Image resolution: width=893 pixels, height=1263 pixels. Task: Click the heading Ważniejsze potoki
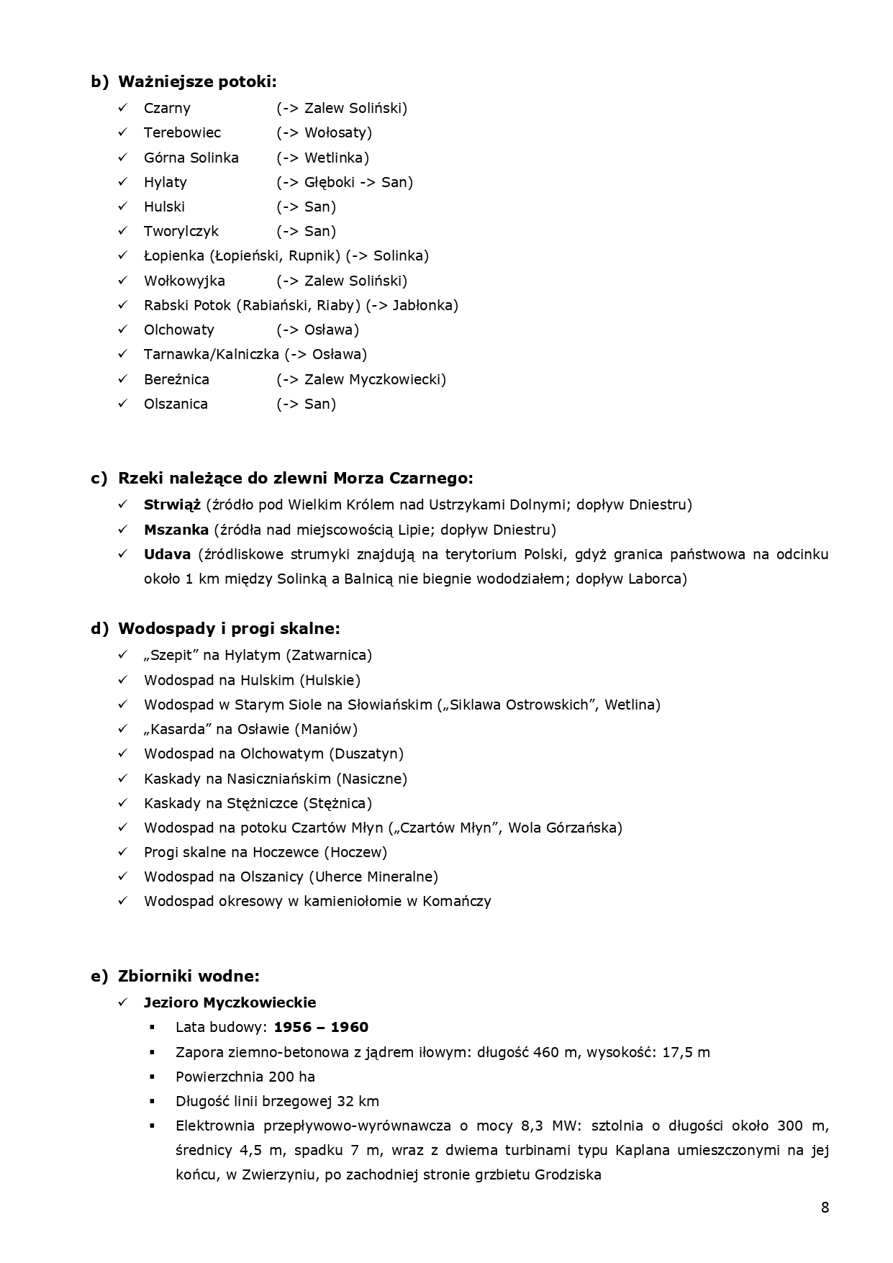pos(196,81)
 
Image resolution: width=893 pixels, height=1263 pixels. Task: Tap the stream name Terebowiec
pos(182,132)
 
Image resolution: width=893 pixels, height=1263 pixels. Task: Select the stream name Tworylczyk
pos(181,231)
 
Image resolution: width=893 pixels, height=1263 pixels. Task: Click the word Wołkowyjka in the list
pos(184,281)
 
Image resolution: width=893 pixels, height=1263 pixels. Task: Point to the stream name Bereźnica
pos(176,379)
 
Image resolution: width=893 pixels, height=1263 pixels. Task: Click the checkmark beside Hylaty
pos(123,182)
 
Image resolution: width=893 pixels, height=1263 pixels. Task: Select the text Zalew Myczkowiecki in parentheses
pos(373,379)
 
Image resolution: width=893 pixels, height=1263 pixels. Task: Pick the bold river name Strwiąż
pos(172,504)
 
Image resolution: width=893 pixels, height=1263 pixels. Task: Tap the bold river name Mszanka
pos(176,530)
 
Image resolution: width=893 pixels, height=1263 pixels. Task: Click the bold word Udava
pos(167,554)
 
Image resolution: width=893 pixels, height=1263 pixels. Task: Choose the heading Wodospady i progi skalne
pos(228,628)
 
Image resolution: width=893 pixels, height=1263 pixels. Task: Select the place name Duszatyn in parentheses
pos(366,753)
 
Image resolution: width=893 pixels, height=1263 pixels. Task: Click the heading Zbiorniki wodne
pos(188,976)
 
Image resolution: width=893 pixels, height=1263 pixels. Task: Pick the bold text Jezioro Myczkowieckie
pos(230,1002)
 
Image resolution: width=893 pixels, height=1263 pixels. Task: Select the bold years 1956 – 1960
pos(321,1027)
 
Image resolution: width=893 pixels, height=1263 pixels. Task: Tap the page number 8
pos(825,1208)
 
